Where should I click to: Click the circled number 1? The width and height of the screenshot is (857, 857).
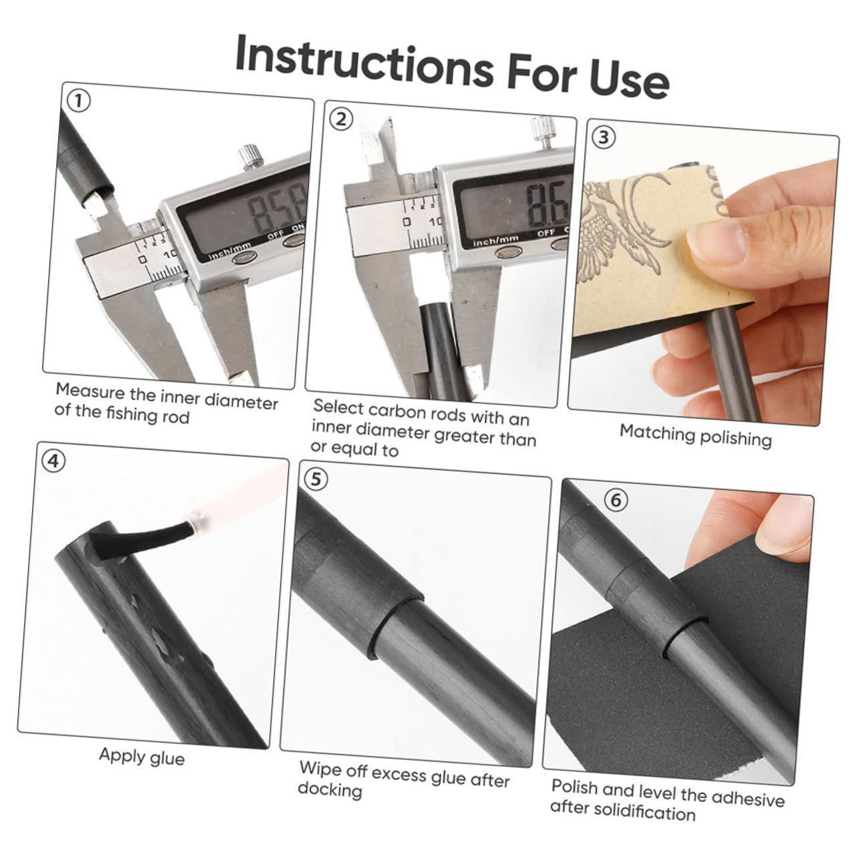79,102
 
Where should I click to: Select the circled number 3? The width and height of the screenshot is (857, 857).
603,137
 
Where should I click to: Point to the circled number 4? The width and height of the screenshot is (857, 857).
53,461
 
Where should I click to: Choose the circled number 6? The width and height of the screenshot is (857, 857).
616,500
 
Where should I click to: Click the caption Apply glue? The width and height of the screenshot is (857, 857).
142,755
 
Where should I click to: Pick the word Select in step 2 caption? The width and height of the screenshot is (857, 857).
338,407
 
